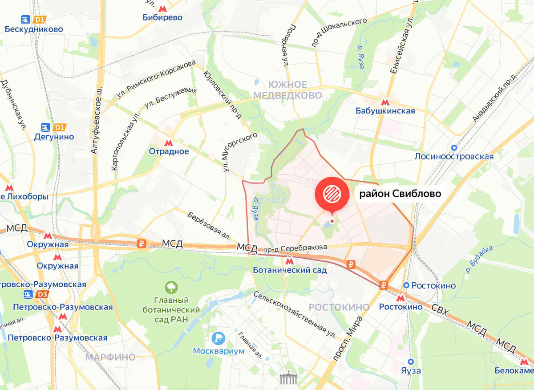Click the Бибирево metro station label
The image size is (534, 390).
[x=163, y=18]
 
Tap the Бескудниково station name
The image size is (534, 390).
[x=34, y=29]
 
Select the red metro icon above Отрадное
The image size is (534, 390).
[x=169, y=142]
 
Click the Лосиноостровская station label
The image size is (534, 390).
[x=454, y=156]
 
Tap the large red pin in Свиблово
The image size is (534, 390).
[x=332, y=195]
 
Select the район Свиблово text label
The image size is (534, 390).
[x=400, y=194]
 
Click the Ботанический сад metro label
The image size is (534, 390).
[x=289, y=270]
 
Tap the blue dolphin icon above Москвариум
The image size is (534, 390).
[x=218, y=338]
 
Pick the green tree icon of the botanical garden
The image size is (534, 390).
[x=170, y=287]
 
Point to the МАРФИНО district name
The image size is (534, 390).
[x=110, y=357]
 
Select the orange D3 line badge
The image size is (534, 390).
[x=42, y=295]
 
